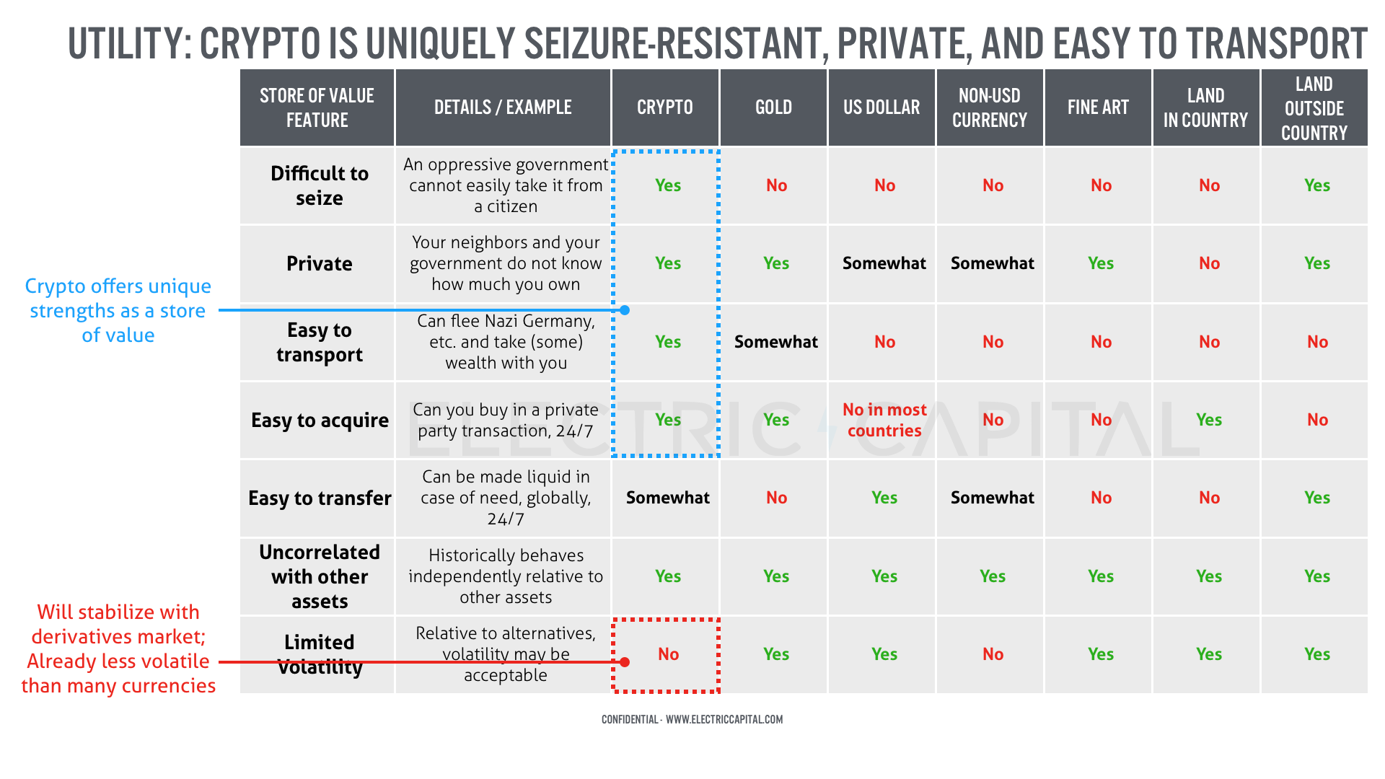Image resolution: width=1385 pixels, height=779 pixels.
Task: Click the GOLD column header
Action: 773,108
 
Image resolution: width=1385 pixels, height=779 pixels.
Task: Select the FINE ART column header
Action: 1098,108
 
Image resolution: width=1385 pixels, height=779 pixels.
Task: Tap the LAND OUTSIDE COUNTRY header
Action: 1314,108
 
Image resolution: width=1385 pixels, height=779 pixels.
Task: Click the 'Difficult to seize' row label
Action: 319,185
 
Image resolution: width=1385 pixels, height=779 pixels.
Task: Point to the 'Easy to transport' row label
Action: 319,342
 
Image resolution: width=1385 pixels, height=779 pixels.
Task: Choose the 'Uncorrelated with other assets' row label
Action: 319,576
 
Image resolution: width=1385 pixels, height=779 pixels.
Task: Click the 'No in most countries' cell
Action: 884,420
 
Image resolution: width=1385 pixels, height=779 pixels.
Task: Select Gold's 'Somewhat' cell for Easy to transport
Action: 775,342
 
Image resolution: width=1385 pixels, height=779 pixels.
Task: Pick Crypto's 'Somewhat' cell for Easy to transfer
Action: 667,498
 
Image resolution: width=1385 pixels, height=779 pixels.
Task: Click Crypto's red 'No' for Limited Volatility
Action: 668,654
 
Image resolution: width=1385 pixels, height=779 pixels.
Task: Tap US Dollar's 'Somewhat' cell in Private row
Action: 884,263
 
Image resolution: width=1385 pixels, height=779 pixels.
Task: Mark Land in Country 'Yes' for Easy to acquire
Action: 1209,420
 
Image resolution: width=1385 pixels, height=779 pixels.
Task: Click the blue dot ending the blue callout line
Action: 625,310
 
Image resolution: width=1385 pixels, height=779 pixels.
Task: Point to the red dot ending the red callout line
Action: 625,662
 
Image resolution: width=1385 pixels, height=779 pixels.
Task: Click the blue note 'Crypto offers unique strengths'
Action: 118,311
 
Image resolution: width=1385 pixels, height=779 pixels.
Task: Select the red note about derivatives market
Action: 118,648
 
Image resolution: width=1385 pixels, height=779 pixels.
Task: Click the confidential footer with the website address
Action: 692,719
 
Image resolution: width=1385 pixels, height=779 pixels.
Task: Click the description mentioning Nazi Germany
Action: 506,342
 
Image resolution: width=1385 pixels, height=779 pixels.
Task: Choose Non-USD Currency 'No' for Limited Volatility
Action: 993,654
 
